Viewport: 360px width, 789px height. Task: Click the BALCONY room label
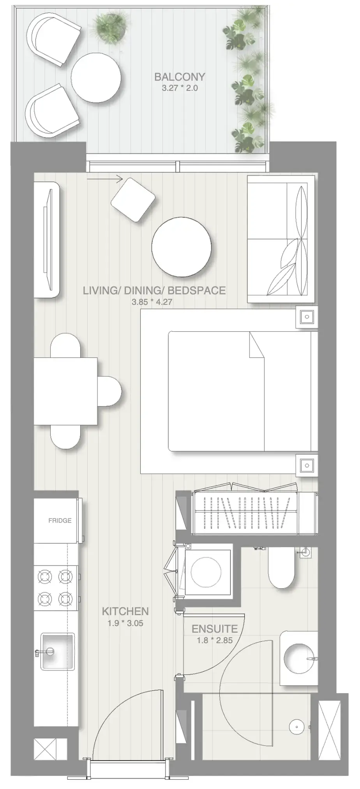point(180,77)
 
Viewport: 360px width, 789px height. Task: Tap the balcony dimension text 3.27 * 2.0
point(180,88)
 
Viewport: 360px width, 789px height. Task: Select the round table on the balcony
point(96,78)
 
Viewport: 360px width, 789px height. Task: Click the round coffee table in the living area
point(182,247)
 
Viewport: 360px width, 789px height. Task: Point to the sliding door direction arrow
point(105,179)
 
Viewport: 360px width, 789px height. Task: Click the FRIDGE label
point(60,520)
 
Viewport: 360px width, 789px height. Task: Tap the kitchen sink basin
point(58,651)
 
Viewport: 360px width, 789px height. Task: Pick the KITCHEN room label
point(125,611)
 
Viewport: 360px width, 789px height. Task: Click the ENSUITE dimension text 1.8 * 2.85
point(215,640)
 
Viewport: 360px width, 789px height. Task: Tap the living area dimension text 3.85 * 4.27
point(152,302)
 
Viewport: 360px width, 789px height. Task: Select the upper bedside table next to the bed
point(307,317)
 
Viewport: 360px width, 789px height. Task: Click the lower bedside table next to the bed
point(307,465)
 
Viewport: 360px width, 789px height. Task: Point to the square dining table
point(65,391)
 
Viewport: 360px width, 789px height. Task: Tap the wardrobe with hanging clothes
point(245,513)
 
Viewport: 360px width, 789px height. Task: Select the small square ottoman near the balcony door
point(133,200)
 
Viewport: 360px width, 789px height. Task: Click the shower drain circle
point(296,726)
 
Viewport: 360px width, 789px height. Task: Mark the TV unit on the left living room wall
point(46,240)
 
